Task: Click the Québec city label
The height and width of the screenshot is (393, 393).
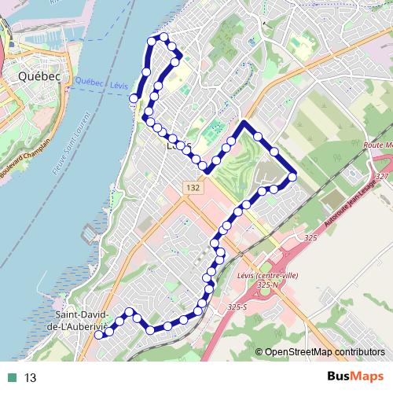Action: [35, 77]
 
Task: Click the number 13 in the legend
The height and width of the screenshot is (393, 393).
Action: [31, 378]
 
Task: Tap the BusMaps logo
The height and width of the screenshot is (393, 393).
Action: [350, 377]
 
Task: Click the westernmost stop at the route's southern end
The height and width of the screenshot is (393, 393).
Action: [99, 335]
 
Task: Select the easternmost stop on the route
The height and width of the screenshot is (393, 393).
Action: [292, 177]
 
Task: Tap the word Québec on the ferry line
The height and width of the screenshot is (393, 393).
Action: [91, 83]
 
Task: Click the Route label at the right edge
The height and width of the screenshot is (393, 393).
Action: [376, 145]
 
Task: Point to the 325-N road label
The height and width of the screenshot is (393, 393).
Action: [269, 285]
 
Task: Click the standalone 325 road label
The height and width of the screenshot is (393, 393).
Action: [309, 237]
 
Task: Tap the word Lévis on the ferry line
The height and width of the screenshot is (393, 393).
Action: [119, 84]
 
